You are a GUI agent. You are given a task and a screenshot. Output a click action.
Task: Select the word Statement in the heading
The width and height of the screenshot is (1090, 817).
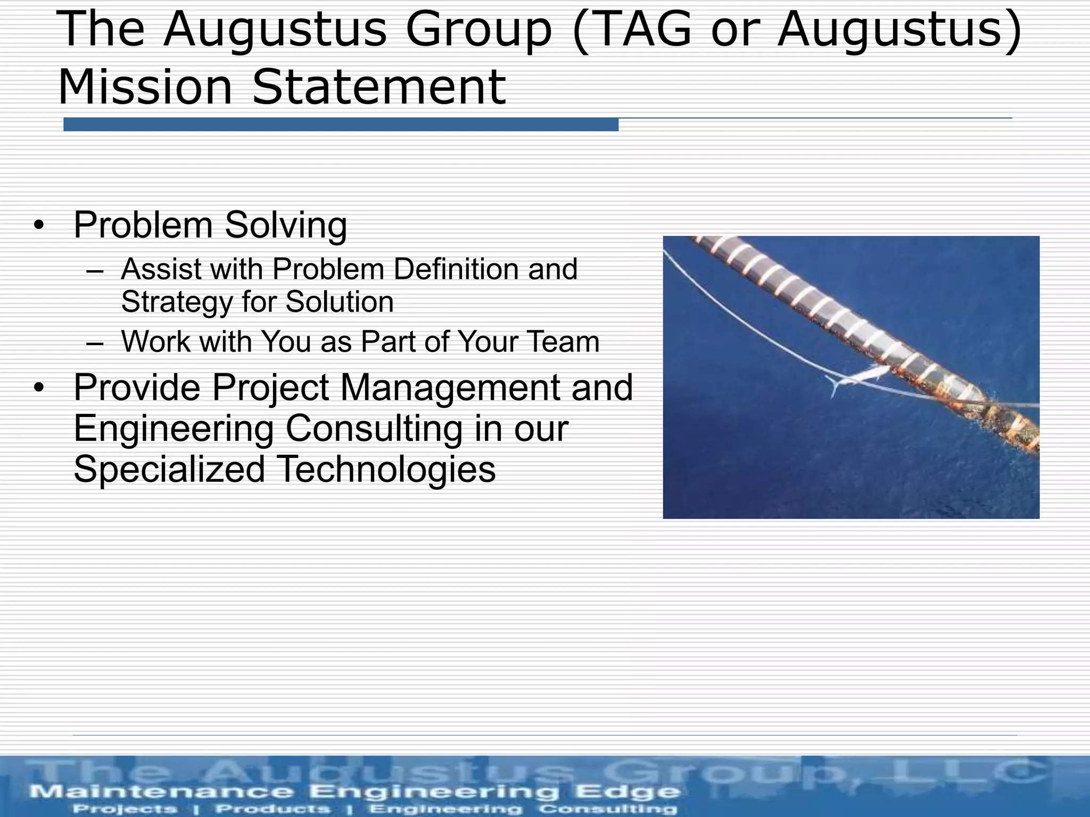tap(378, 87)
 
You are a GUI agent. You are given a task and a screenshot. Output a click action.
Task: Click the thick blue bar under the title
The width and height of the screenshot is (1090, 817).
tap(341, 125)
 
